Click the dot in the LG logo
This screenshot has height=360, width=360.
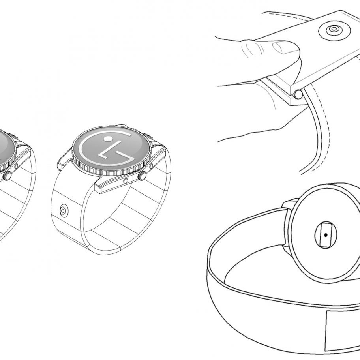[x=108, y=139]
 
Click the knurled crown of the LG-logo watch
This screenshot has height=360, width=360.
[x=142, y=176]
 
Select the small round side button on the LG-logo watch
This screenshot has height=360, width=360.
[x=126, y=181]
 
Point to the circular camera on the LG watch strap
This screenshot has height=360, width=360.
[x=64, y=210]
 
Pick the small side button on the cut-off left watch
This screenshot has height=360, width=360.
[x=16, y=166]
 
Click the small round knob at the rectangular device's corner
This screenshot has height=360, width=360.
[x=298, y=94]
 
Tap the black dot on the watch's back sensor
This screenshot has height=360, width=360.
[x=326, y=235]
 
